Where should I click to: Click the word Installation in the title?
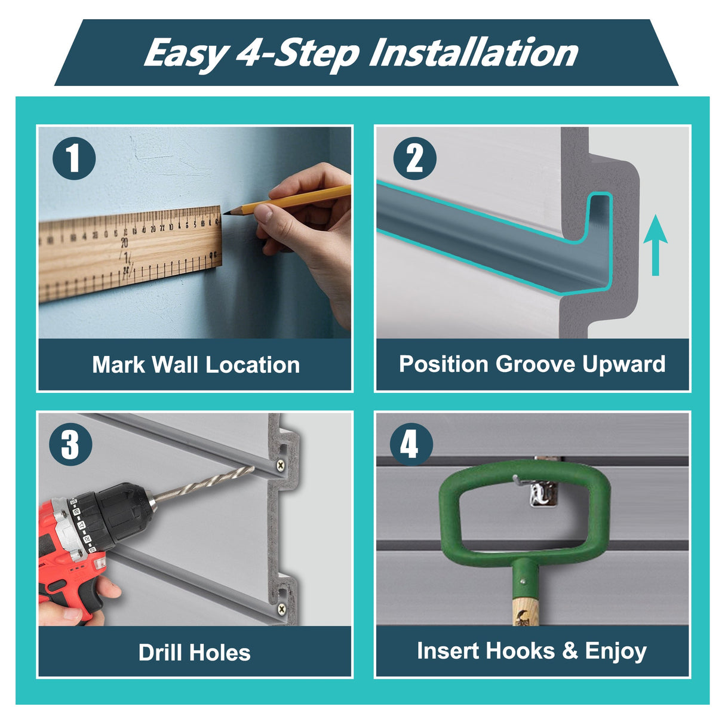point(474,53)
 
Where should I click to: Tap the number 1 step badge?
point(74,158)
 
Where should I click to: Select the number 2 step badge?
point(414,158)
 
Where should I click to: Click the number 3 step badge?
point(70,444)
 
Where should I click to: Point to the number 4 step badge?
point(411,444)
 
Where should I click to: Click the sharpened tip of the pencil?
point(225,213)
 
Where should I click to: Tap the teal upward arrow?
point(655,245)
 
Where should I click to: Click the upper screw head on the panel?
point(281,465)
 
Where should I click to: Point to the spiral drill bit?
point(204,485)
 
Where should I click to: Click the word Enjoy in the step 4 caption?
point(616,652)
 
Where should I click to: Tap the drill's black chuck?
point(121,514)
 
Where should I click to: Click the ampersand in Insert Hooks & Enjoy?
point(570,650)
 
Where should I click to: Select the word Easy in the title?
point(186,53)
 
